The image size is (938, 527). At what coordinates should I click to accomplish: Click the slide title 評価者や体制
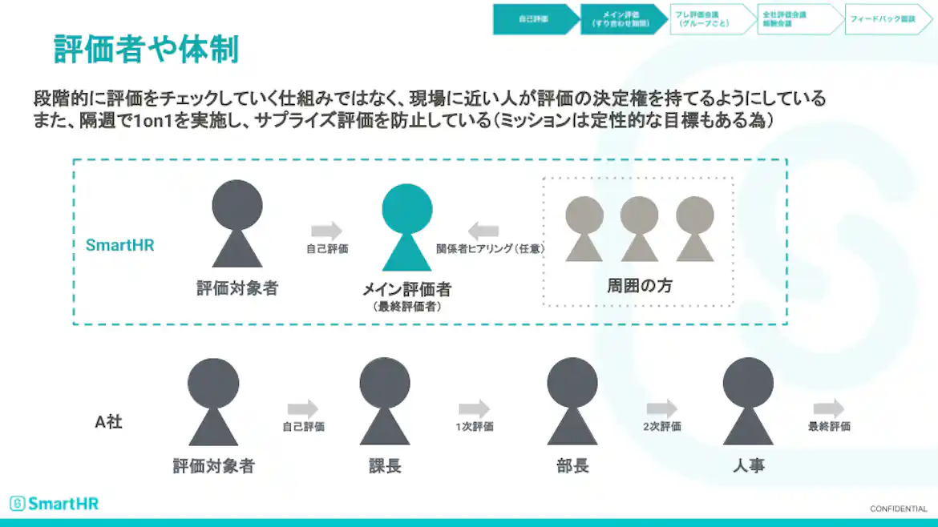[146, 49]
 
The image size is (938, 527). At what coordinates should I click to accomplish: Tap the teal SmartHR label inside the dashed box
[119, 245]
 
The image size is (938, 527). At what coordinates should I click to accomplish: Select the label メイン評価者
[407, 290]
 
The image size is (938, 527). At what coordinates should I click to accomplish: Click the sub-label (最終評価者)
[407, 306]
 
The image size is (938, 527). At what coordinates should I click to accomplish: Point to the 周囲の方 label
[639, 286]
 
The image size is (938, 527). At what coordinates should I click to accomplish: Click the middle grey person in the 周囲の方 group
[639, 228]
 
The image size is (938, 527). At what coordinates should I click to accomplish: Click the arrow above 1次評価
[474, 408]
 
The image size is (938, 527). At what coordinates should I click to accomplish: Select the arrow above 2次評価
[661, 408]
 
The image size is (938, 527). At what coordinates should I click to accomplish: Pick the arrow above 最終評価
[828, 408]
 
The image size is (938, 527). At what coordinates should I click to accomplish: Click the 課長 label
[384, 465]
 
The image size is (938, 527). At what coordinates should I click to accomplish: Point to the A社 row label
[108, 421]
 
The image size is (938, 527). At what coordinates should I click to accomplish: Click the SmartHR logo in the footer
[55, 504]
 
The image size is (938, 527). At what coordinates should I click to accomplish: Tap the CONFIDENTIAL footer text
[898, 509]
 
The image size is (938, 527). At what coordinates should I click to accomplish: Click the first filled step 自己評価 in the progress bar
[533, 18]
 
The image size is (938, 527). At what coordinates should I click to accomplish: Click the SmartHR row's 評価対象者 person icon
[237, 223]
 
